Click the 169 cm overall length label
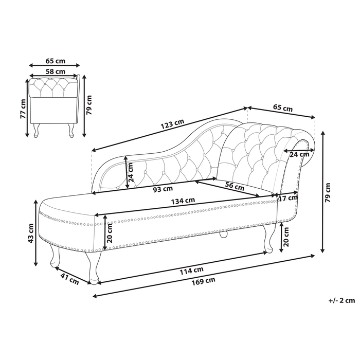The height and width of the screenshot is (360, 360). tap(203, 281)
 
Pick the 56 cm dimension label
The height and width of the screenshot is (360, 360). tap(235, 186)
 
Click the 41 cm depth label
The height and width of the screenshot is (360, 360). tap(69, 280)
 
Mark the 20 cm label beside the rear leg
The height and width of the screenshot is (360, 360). tap(286, 238)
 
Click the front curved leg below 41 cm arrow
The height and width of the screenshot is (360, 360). tap(94, 267)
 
